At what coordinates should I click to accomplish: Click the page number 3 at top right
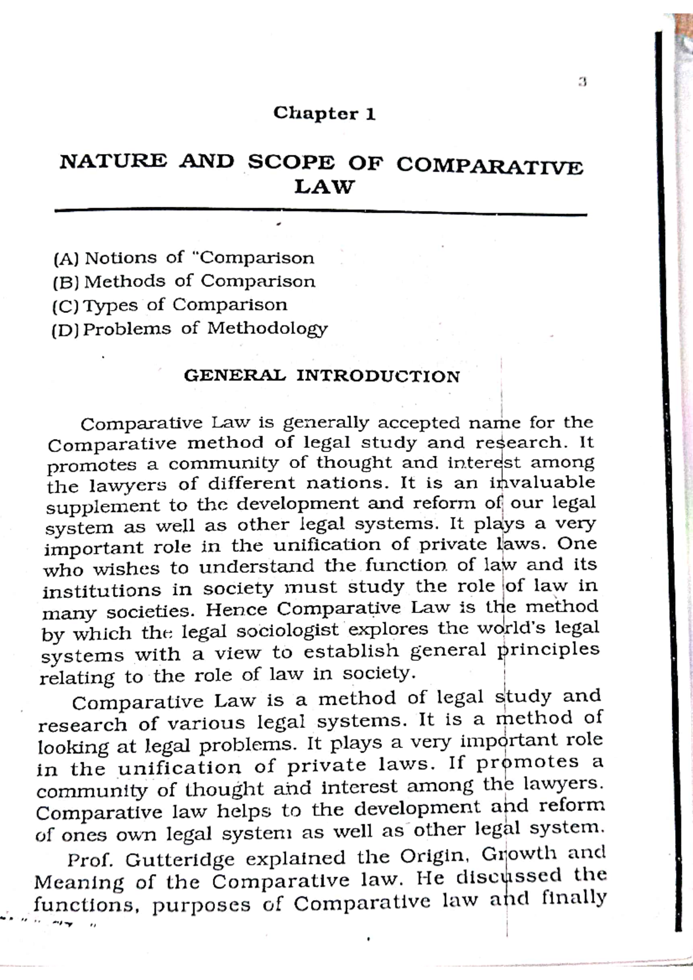(582, 83)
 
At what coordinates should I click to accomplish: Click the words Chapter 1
(325, 113)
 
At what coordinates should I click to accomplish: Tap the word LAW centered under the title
(323, 187)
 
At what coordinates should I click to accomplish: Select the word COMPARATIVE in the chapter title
(490, 166)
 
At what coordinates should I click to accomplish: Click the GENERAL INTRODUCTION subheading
(322, 376)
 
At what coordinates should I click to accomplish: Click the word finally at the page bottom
(574, 898)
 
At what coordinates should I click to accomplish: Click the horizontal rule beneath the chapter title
(321, 212)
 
